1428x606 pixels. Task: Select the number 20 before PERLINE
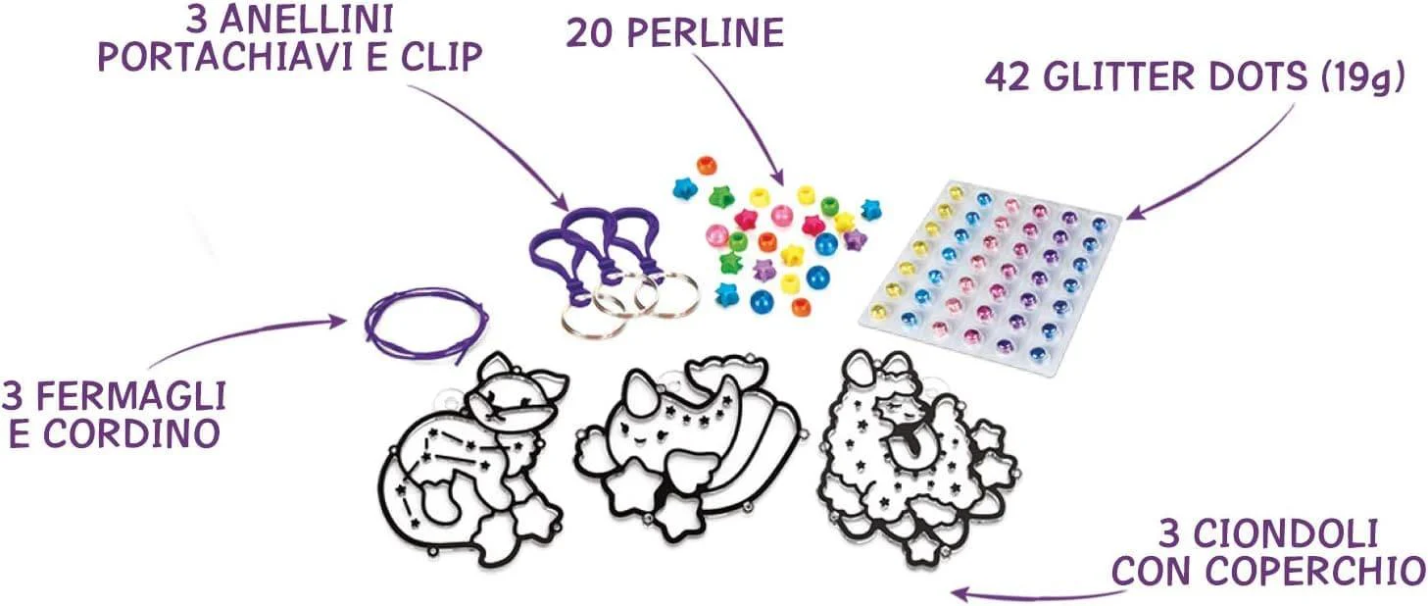[590, 32]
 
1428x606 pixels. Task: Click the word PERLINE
[705, 32]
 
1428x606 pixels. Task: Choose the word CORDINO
[132, 433]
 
